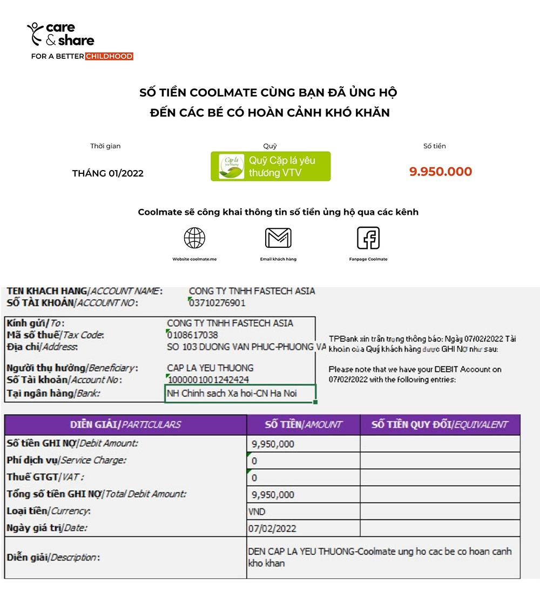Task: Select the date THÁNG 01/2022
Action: tap(108, 173)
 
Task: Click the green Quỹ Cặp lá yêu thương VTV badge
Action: tap(271, 166)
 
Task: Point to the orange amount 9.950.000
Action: tap(441, 172)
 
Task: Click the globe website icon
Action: tap(194, 238)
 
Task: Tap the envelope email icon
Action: tap(278, 238)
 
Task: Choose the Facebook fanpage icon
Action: tap(368, 238)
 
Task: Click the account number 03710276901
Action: tap(217, 303)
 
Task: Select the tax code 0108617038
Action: tap(193, 335)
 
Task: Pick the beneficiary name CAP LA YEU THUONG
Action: tap(210, 368)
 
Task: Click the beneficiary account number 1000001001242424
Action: tap(208, 380)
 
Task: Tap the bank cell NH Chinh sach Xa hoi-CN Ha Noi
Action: tap(232, 393)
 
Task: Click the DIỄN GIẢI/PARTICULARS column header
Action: tap(125, 425)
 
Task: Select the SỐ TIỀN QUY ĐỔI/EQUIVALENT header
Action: tap(440, 425)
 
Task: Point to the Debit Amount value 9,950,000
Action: tap(273, 444)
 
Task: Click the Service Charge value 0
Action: tap(254, 461)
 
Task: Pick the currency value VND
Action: tap(257, 512)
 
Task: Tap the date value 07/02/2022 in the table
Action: tap(272, 529)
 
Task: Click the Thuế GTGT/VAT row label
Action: tap(45, 478)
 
